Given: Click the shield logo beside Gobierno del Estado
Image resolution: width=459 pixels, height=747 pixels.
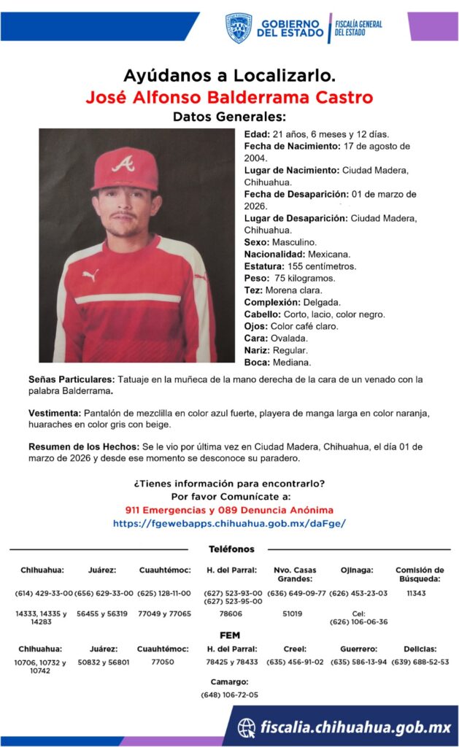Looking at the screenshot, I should (x=238, y=28).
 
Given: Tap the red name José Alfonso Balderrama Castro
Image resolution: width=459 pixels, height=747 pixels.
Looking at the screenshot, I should (x=229, y=97).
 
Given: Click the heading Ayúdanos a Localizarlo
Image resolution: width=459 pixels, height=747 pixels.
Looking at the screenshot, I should (x=229, y=75).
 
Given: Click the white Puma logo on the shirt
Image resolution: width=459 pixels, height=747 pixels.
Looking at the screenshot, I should (x=90, y=276).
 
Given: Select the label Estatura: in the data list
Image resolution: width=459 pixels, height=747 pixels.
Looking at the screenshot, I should (x=264, y=266).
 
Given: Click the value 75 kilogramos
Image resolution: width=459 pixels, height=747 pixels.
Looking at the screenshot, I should (x=304, y=279).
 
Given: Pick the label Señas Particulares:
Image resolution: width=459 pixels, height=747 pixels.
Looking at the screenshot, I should (x=72, y=379).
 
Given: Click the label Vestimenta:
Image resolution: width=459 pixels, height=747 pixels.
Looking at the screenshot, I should (x=55, y=413).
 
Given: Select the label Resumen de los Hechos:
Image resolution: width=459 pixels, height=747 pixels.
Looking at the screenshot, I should (x=82, y=446).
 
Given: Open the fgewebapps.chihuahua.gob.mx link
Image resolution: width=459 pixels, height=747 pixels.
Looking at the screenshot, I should (x=229, y=523).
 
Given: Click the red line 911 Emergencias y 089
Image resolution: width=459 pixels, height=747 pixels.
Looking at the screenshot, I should (x=229, y=509).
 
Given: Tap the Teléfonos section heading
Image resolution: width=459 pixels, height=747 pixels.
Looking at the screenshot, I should (x=231, y=549).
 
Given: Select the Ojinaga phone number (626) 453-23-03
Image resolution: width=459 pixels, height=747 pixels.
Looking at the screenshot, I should (x=358, y=593).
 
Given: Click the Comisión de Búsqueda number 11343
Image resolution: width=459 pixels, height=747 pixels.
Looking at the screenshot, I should (x=416, y=593).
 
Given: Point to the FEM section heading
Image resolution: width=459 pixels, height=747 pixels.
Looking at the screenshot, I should (x=229, y=635).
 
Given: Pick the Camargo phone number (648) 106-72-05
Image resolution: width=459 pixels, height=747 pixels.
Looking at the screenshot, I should (x=229, y=694).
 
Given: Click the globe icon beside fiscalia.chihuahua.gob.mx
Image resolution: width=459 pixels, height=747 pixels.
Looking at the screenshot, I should (x=247, y=727).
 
